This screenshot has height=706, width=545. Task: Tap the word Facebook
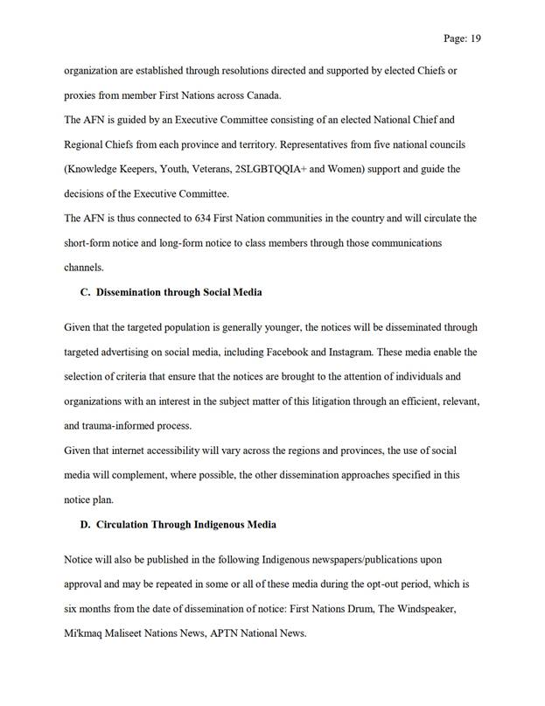[325, 352]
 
